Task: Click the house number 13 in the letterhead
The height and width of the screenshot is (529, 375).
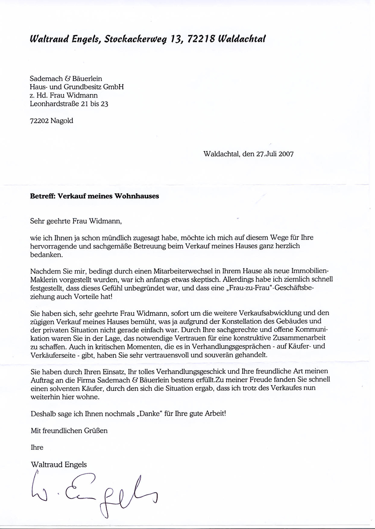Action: [x=176, y=39]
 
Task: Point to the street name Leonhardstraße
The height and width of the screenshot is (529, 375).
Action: [x=57, y=104]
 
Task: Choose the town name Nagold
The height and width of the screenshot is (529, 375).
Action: [x=62, y=121]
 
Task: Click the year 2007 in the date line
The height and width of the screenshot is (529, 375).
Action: [x=286, y=154]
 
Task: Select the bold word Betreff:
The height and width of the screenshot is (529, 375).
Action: [x=43, y=196]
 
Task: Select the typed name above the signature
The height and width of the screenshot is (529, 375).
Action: [x=59, y=464]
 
